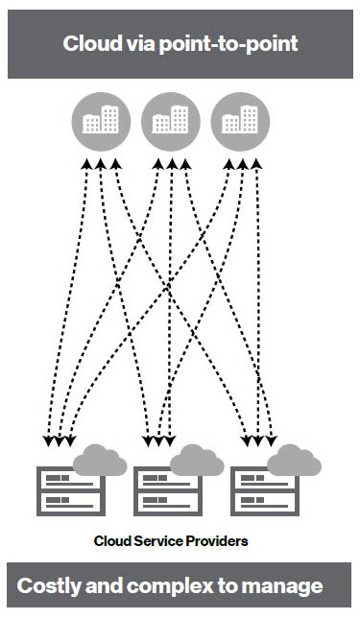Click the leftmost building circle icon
click(x=101, y=121)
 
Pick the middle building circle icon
click(x=170, y=121)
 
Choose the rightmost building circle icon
click(x=239, y=121)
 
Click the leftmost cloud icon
click(x=100, y=461)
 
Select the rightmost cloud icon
click(x=293, y=461)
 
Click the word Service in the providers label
click(x=160, y=541)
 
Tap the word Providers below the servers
click(x=216, y=541)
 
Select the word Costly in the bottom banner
click(x=52, y=585)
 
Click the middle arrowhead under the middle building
click(x=171, y=166)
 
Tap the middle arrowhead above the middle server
click(x=159, y=441)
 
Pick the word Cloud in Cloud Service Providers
click(x=113, y=541)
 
